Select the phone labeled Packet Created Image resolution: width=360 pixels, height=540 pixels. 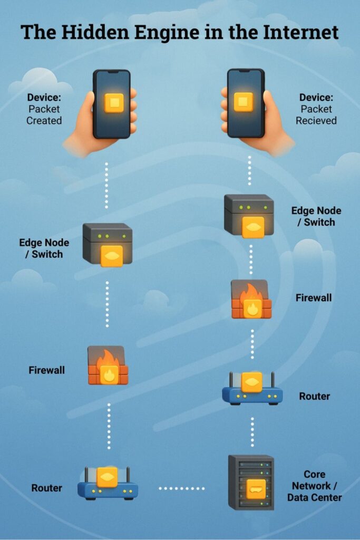point(112,103)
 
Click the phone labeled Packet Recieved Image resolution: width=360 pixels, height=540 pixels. point(245,103)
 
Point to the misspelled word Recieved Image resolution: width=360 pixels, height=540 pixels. point(316,121)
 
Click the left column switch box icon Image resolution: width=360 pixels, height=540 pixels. point(108,243)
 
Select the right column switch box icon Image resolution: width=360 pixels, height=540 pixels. point(249,215)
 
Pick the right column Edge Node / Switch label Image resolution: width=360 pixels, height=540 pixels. point(316,216)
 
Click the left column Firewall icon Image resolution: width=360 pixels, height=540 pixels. point(108,365)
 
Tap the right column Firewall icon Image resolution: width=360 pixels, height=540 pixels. point(251,299)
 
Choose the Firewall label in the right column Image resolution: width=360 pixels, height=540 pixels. point(314,298)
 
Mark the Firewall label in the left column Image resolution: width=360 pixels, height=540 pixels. point(46,370)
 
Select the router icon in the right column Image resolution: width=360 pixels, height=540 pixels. point(252,389)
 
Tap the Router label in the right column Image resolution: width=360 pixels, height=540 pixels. point(315,396)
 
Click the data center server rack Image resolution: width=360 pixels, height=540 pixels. point(251,482)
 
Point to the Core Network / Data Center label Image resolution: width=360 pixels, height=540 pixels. point(314,486)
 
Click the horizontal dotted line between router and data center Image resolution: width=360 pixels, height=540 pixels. point(182,488)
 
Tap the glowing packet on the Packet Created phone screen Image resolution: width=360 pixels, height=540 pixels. point(114,102)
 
